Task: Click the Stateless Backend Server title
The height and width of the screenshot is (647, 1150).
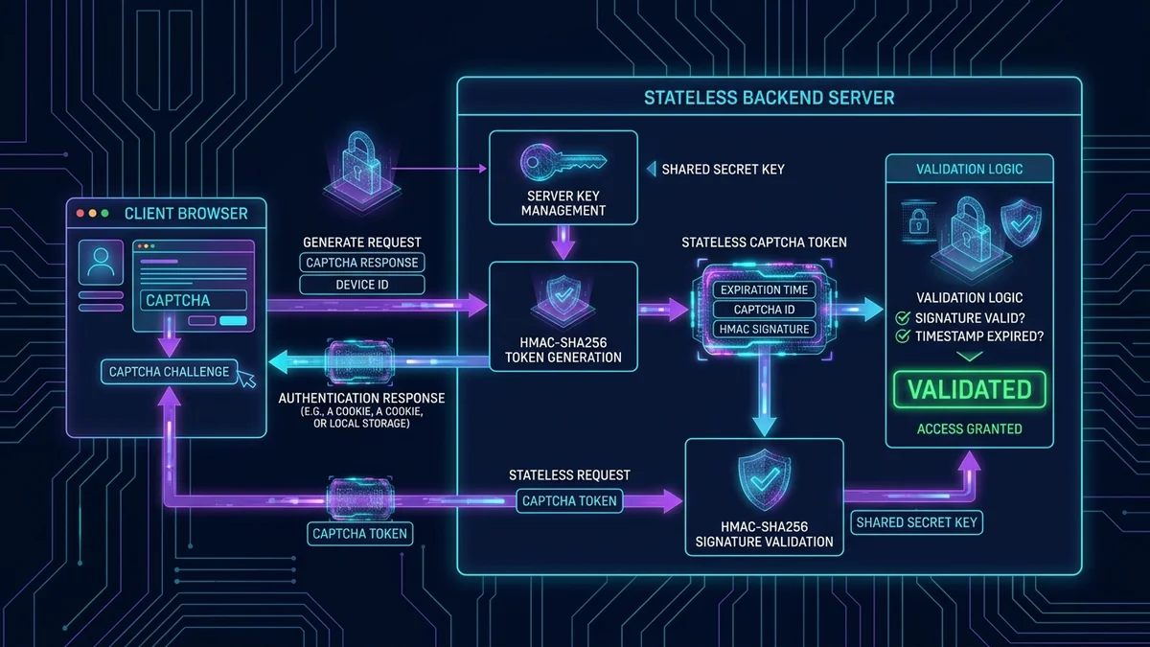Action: tap(769, 98)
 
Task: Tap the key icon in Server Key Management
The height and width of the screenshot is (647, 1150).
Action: tap(563, 163)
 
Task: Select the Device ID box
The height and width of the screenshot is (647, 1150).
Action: tap(362, 285)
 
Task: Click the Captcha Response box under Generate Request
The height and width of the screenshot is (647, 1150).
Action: tap(362, 263)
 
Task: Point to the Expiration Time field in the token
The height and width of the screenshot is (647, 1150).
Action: tap(764, 290)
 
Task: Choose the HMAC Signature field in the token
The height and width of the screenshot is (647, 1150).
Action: tap(764, 329)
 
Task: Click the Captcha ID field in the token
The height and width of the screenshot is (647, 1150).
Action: tap(764, 310)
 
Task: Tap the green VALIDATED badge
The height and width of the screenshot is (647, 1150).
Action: tap(969, 390)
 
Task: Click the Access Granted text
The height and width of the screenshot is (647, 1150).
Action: tap(969, 428)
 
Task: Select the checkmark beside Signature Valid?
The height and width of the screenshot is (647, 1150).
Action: tap(903, 318)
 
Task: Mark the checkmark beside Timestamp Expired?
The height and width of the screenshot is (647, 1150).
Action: tap(903, 336)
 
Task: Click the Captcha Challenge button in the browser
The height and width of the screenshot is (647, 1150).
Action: tap(169, 372)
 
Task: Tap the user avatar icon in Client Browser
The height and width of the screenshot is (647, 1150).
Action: tap(101, 263)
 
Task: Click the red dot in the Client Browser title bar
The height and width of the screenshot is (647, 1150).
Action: tap(80, 213)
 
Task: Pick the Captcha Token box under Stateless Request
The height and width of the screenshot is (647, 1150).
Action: tap(569, 501)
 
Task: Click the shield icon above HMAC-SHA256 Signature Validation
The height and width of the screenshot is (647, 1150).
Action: tap(764, 479)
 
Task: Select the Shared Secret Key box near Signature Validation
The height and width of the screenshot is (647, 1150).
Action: tap(917, 522)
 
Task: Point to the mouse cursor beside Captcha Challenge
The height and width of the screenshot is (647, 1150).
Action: tap(247, 379)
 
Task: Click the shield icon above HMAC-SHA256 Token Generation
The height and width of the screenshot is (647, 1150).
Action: tap(563, 298)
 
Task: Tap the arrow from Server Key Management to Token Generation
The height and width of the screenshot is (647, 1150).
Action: tap(563, 242)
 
